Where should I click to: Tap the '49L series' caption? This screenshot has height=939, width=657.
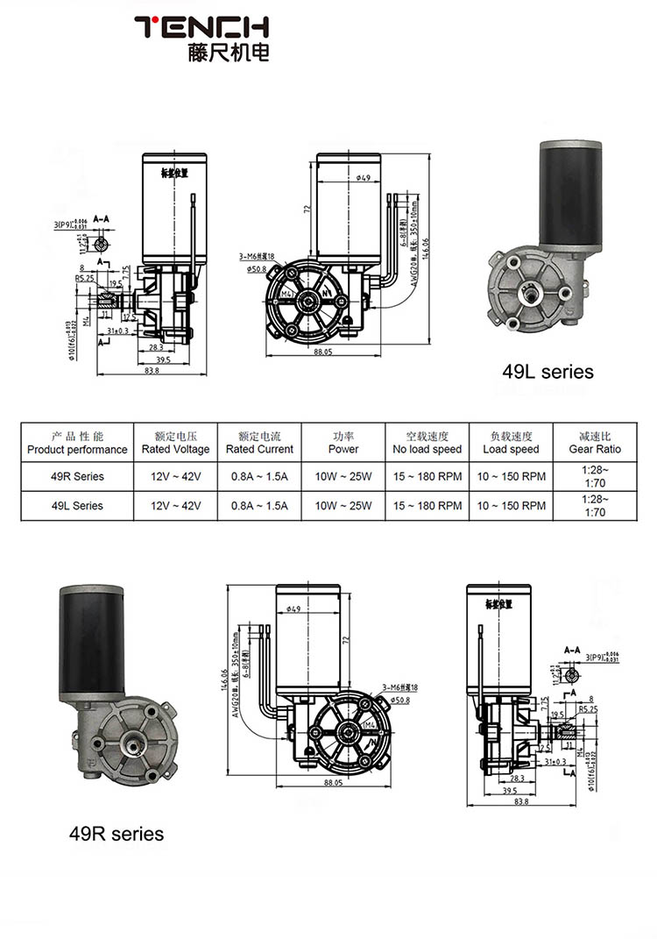point(547,372)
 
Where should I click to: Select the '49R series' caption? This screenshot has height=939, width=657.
point(117,832)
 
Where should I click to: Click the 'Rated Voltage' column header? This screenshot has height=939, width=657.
point(175,443)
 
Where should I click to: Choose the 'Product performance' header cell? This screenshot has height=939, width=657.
point(77,443)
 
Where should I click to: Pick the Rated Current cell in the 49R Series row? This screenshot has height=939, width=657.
point(258,477)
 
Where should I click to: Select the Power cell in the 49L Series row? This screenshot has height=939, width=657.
point(343,506)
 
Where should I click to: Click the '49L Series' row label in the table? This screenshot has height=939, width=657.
point(77,506)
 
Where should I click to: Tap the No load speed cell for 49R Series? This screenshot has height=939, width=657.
point(427,477)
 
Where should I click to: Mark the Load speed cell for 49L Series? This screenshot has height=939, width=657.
point(511,506)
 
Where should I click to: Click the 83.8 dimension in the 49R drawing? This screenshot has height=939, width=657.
point(521,801)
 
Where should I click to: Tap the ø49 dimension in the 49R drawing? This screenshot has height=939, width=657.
point(293,608)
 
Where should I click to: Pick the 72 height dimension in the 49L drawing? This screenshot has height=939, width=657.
point(308,210)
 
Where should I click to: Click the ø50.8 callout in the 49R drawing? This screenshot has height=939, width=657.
point(401,700)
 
